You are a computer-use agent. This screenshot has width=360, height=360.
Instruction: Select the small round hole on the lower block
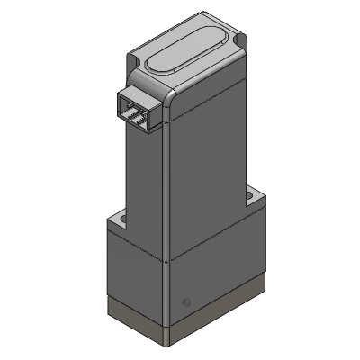point(186,301)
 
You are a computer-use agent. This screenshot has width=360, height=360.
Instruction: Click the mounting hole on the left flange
point(121,218)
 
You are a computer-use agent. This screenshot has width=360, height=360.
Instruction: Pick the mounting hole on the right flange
point(249,193)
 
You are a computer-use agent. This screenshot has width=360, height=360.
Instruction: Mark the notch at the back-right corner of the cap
point(241,40)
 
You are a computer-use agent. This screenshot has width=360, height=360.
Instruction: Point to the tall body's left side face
point(144,180)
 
